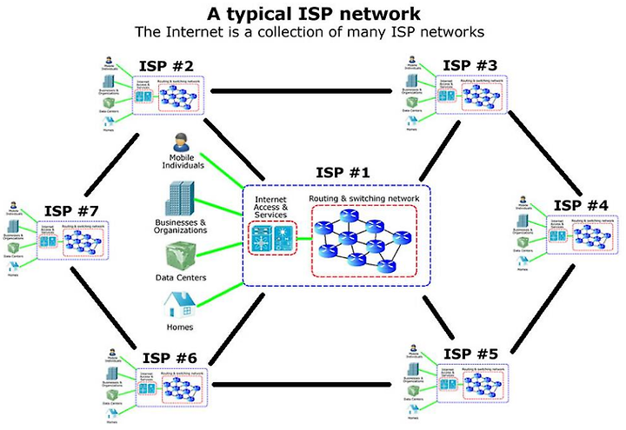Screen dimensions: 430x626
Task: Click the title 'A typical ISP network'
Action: coord(313,13)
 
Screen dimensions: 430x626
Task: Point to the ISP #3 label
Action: coord(469,65)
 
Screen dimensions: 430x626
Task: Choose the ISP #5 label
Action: coord(469,354)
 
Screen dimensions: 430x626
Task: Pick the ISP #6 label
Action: coord(169,358)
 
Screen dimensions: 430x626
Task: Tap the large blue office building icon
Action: coord(181,199)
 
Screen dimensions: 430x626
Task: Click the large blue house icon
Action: coord(180,306)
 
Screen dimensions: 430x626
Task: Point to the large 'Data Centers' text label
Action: coord(180,278)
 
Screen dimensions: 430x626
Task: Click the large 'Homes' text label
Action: coord(180,327)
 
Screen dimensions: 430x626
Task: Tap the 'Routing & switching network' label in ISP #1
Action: coord(364,199)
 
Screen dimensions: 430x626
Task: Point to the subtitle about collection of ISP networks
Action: coord(313,32)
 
